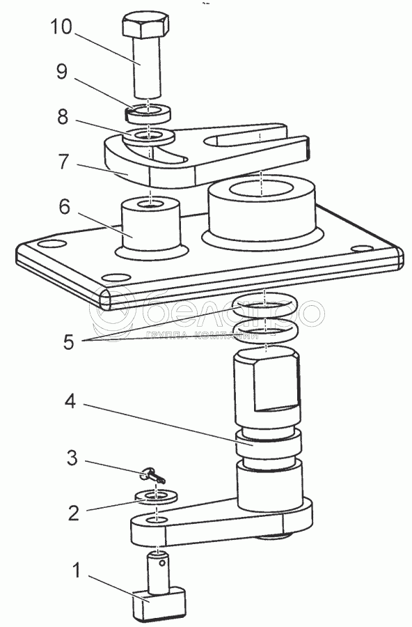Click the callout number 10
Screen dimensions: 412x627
point(61,27)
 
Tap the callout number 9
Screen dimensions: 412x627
point(62,72)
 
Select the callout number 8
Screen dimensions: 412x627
point(63,117)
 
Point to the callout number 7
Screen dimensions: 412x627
point(63,162)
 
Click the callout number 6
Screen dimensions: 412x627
point(64,207)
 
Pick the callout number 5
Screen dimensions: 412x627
point(68,342)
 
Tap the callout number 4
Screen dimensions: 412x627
point(70,401)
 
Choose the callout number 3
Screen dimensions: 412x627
point(72,458)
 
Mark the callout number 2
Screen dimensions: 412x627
point(74,513)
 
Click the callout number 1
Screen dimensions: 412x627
point(76,570)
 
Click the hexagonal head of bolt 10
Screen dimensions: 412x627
point(145,25)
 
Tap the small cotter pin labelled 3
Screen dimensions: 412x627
point(154,477)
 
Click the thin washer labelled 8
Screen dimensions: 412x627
point(148,136)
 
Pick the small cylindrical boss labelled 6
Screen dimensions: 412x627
point(150,223)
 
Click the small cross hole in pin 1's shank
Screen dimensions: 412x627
point(161,564)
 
